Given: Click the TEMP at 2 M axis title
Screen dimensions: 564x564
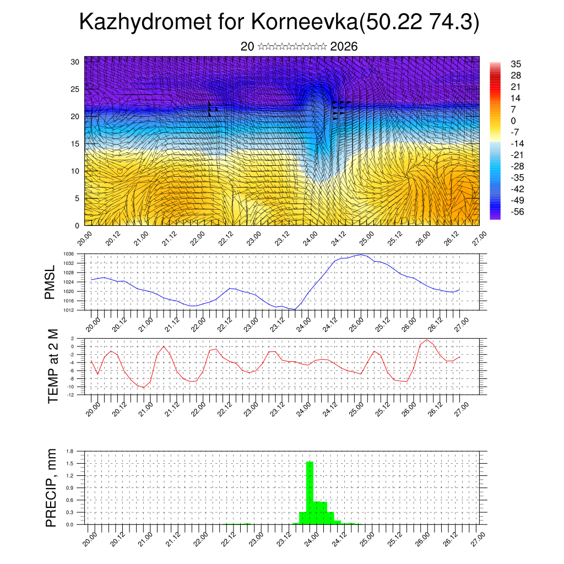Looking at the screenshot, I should (x=53, y=366).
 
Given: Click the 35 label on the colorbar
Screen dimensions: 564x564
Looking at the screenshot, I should (x=516, y=64).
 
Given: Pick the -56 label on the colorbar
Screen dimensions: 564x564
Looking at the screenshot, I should (x=517, y=211).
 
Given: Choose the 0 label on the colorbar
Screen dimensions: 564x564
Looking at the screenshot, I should (x=514, y=121).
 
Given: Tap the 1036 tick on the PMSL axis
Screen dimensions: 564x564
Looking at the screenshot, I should (x=69, y=254).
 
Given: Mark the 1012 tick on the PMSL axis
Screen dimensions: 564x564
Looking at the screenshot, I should (x=69, y=310).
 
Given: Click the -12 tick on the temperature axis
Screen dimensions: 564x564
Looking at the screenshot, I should (x=70, y=394).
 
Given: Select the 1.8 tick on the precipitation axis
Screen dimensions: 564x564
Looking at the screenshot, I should (x=70, y=451).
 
